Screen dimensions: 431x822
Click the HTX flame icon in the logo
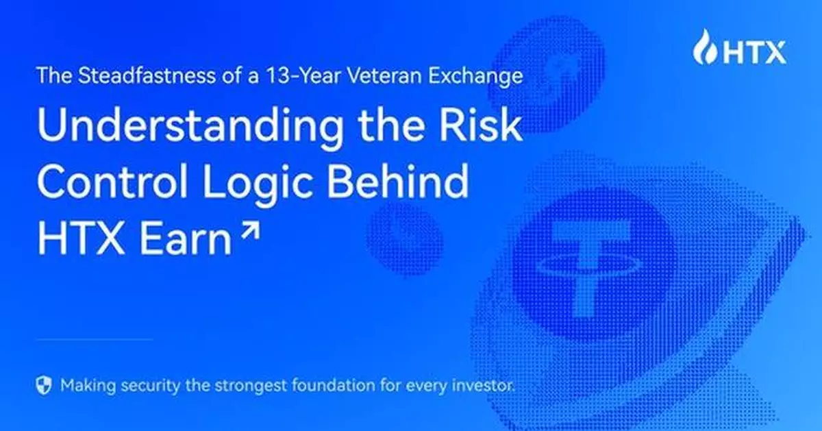click(703, 47)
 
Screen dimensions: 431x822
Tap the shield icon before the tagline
click(44, 384)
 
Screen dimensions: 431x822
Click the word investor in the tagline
click(485, 384)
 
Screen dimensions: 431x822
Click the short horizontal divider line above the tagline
click(94, 339)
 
